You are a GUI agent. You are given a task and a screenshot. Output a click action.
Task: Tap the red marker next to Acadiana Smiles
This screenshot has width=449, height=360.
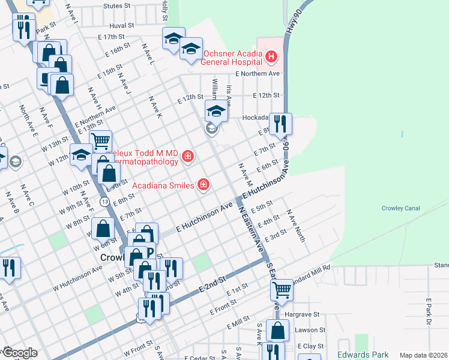coord(203,184)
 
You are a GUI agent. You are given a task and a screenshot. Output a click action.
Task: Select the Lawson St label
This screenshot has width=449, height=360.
coord(312,330)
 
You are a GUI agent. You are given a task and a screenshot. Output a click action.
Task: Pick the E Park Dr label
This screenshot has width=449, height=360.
coord(429,312)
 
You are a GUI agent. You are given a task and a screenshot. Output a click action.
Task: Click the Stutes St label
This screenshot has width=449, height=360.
coord(116,6)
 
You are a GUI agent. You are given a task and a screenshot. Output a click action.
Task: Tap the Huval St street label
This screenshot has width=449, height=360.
coord(121,26)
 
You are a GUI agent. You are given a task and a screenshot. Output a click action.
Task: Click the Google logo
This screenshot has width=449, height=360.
coord(19,353)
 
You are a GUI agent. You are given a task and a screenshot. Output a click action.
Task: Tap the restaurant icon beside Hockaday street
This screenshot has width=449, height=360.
coord(280,124)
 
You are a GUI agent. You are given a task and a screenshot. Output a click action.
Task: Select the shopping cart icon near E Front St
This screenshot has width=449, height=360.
coord(282,290)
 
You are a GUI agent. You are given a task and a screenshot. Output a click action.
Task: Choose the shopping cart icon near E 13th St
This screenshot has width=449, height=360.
coord(100,141)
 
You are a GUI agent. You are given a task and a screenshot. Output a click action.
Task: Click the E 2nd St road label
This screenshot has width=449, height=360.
coord(213,286)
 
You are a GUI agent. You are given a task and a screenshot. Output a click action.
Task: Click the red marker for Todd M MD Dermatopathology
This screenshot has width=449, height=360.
coord(188,157)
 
